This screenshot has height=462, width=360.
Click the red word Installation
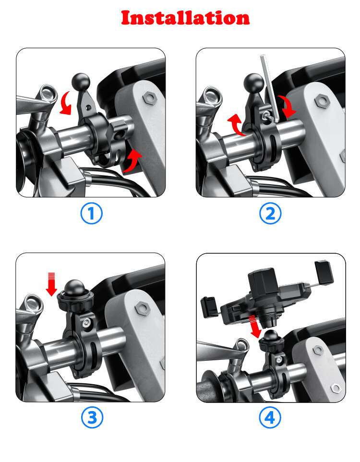pyautogui.click(x=185, y=18)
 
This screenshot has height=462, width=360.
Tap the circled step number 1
pyautogui.click(x=91, y=213)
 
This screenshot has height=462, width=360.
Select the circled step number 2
pyautogui.click(x=270, y=213)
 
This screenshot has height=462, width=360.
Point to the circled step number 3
pyautogui.click(x=92, y=417)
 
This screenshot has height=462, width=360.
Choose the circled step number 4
pyautogui.click(x=270, y=417)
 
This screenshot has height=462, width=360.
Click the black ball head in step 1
pyautogui.click(x=81, y=82)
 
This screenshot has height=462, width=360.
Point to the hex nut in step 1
pyautogui.click(x=150, y=97)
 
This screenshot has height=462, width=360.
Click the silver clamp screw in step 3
pyautogui.click(x=86, y=323)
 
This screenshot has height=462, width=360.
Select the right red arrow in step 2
pyautogui.click(x=288, y=107)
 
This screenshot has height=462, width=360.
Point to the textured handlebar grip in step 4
pyautogui.click(x=209, y=391)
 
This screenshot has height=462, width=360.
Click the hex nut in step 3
pyautogui.click(x=143, y=308)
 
